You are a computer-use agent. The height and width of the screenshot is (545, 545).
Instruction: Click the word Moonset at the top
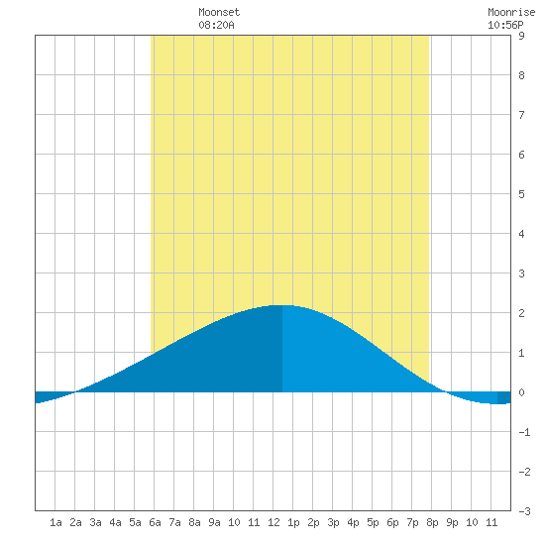pos(219,12)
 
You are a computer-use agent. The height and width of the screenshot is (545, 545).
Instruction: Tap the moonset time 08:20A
pos(216,25)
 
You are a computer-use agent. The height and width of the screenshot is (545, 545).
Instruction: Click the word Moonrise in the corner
pos(511,12)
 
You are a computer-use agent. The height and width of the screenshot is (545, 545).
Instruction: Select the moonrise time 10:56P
pos(505,25)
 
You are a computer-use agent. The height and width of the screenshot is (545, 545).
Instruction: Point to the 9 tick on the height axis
pos(521,36)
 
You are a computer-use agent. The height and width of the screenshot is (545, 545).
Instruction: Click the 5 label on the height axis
pos(521,194)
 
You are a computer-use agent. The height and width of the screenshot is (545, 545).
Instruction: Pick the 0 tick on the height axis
pos(521,392)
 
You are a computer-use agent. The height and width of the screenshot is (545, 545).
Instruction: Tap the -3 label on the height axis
pos(524,511)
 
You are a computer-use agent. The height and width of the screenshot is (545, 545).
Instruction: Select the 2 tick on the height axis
pos(521,313)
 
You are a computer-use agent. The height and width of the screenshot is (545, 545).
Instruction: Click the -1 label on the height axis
pos(524,432)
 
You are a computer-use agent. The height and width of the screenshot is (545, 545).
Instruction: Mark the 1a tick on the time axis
pos(55,522)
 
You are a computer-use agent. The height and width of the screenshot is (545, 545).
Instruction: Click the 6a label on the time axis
pos(155,522)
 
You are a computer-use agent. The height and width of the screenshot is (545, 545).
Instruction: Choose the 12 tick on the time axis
pos(273,522)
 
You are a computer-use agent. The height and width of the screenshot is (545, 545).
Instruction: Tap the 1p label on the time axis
pos(293,522)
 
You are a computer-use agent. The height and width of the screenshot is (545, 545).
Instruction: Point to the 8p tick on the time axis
pos(432,522)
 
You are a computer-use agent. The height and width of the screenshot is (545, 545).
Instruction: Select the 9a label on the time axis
pos(214,522)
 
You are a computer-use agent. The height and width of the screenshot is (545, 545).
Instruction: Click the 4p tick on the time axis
pos(353,522)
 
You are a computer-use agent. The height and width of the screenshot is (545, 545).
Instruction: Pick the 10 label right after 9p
pos(472,522)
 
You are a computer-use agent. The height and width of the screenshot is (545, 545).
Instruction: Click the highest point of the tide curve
pos(282,305)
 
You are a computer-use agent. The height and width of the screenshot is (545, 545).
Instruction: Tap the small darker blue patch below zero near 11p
pos(504,398)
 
